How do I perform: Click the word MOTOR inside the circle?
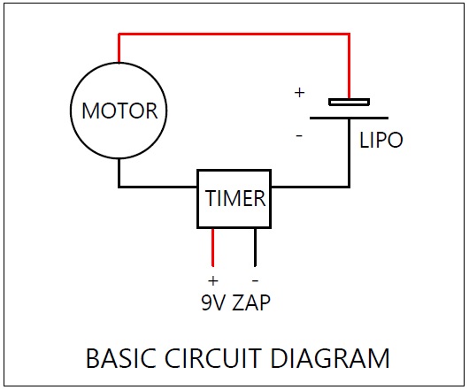tap(119, 111)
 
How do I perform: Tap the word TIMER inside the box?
tap(235, 198)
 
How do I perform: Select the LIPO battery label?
tap(381, 140)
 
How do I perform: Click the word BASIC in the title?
tap(121, 358)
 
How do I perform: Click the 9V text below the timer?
tap(213, 302)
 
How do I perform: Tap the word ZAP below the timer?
tap(251, 302)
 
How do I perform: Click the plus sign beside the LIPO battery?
tap(299, 93)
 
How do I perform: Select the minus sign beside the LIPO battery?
tap(299, 136)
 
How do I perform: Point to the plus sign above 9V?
tap(213, 280)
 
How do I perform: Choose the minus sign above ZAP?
tap(255, 280)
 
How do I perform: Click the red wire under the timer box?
tap(213, 248)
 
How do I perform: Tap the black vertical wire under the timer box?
tap(255, 248)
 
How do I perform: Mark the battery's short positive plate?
tap(349, 103)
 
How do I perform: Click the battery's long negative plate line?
tap(349, 118)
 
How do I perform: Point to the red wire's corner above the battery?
tap(349, 34)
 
